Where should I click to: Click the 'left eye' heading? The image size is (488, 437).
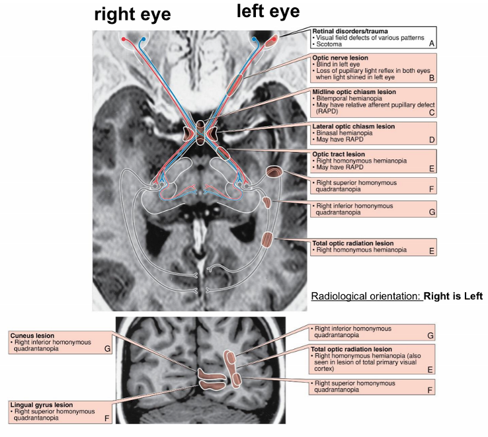coord(268,11)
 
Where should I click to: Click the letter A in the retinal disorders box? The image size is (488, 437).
coord(430,43)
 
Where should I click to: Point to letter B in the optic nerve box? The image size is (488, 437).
coord(430,77)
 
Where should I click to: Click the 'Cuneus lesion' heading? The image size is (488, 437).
coord(32,335)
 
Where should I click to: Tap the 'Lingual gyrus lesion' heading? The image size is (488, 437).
coord(41,404)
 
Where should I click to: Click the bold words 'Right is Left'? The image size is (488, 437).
coord(454,296)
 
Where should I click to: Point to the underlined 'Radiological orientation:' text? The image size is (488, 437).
coord(365,296)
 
